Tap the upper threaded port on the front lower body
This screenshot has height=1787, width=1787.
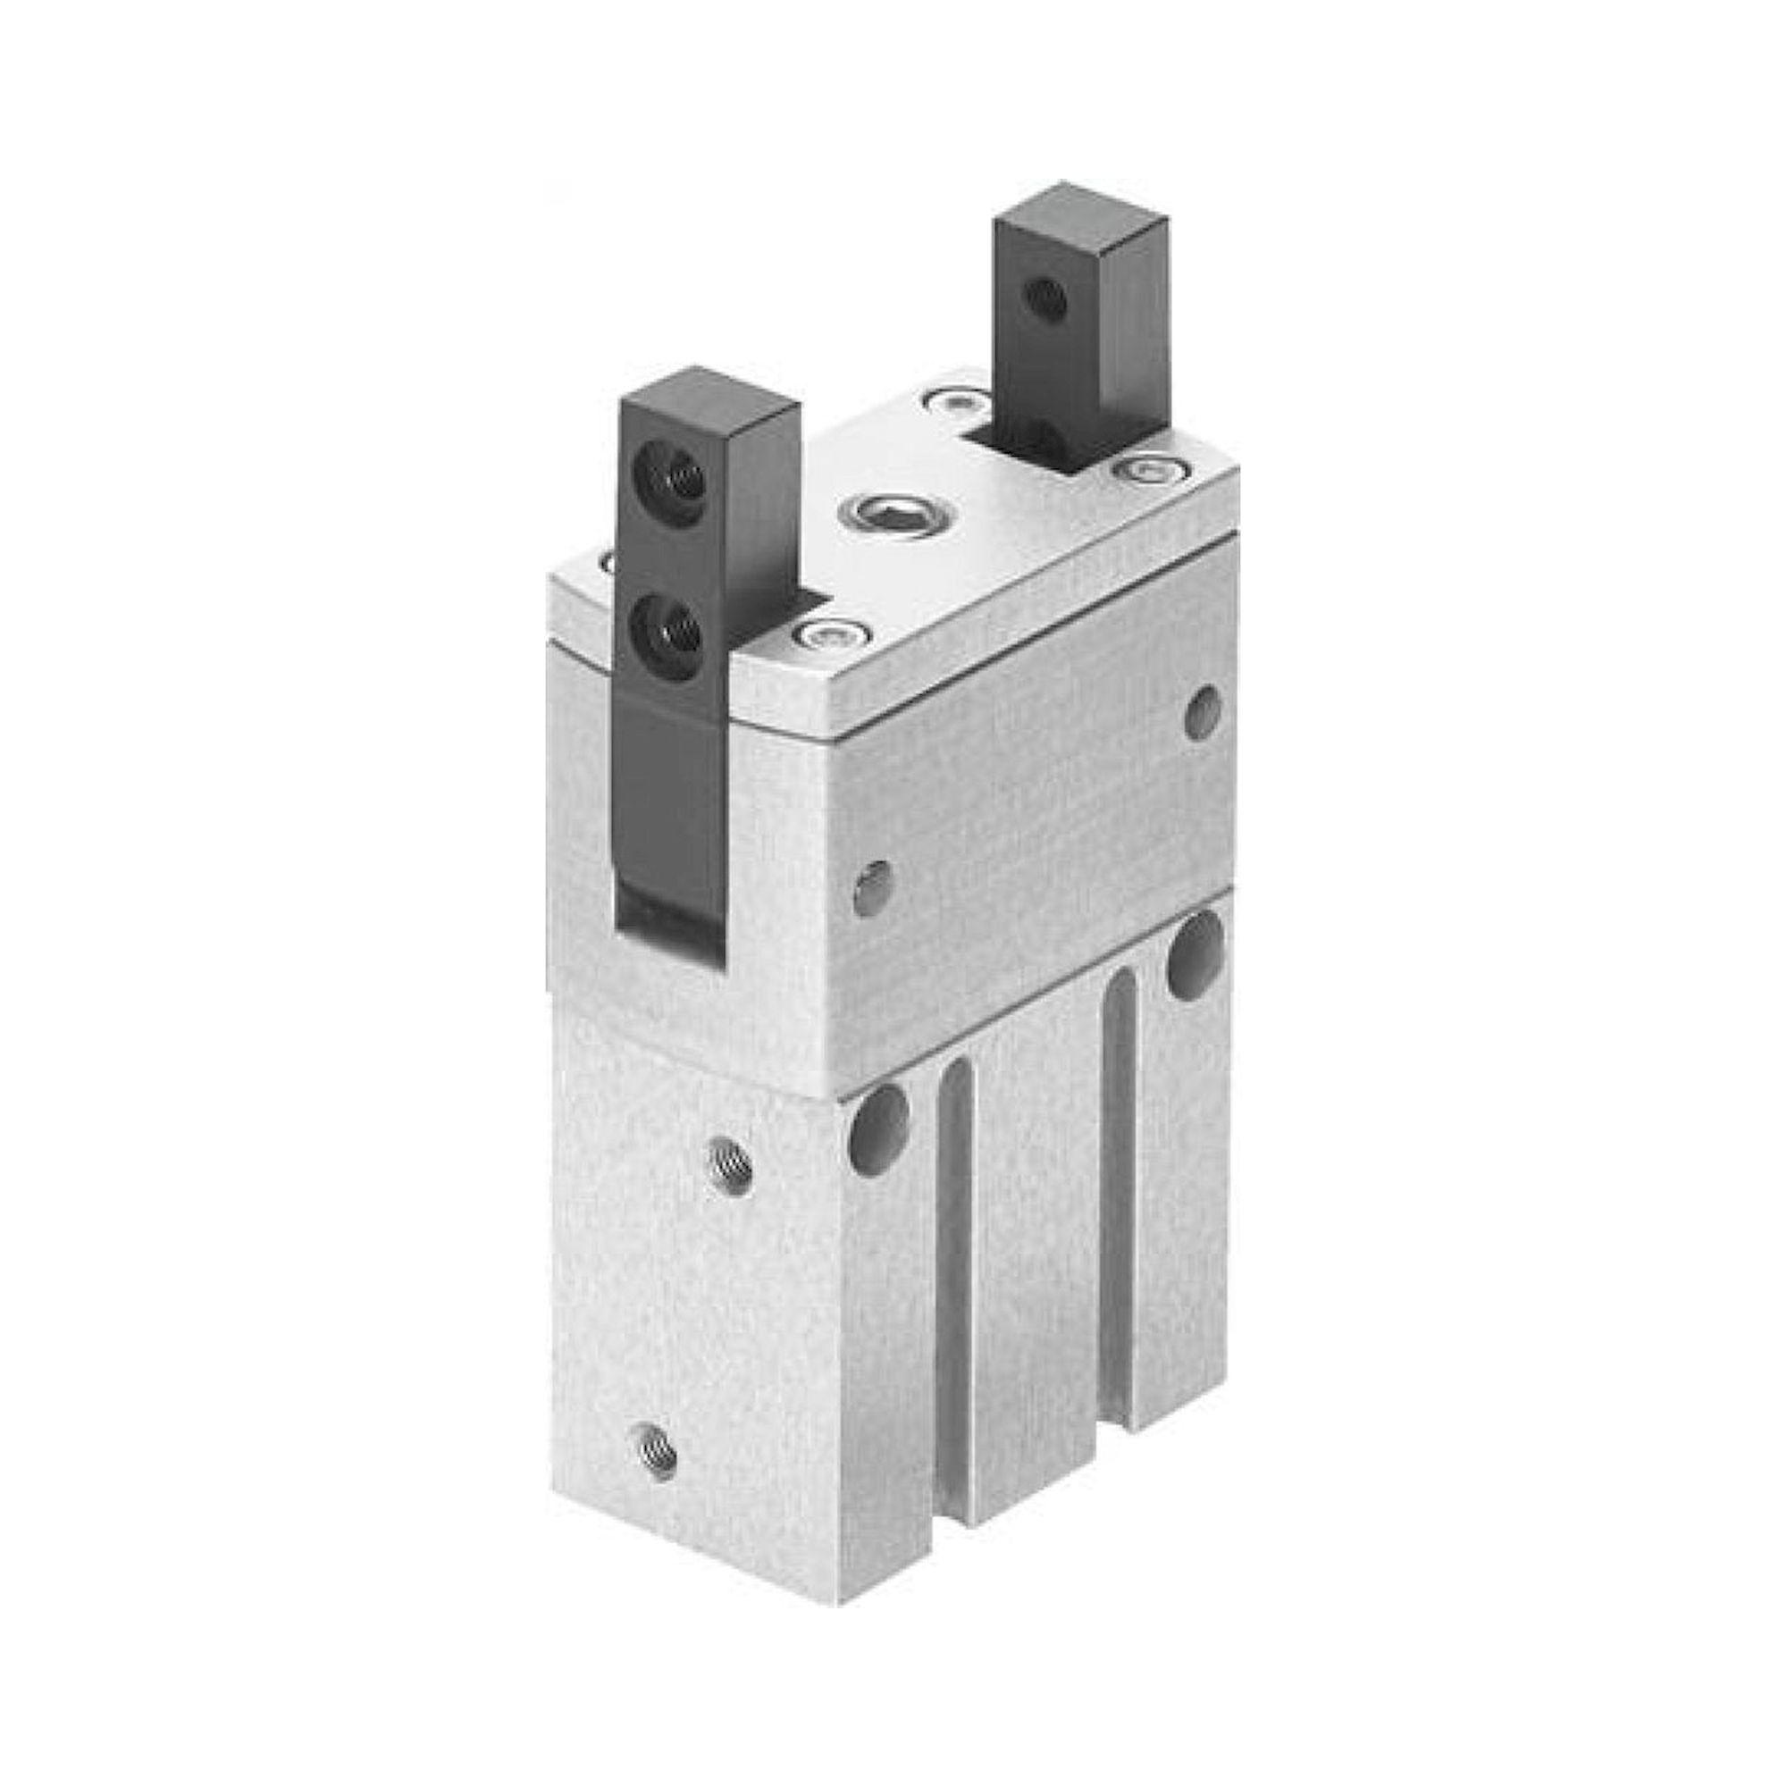coord(731,1167)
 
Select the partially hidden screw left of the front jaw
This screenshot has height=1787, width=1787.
coord(610,560)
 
